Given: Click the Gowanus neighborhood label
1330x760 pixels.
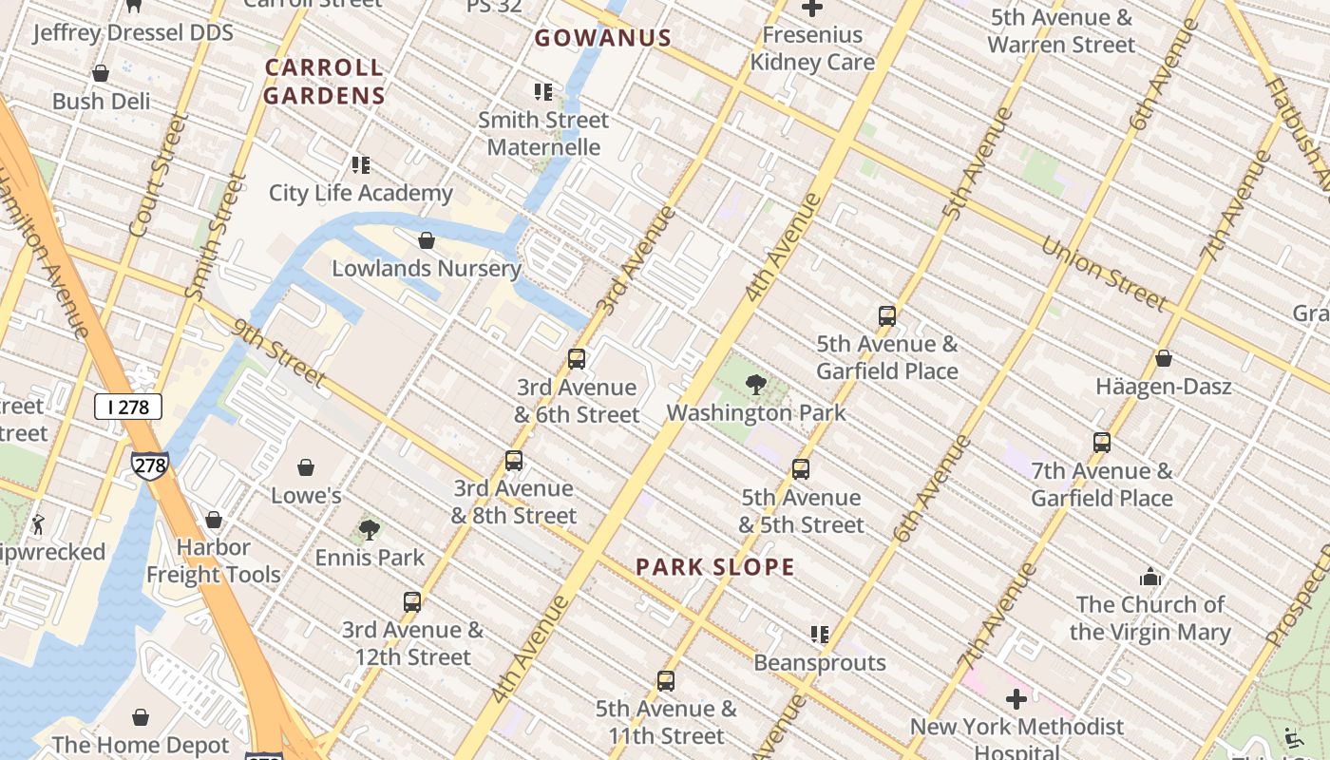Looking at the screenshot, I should pyautogui.click(x=602, y=38).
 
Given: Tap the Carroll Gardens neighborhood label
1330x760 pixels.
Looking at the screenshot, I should pyautogui.click(x=324, y=81).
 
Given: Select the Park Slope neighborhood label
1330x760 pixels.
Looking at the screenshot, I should pyautogui.click(x=714, y=567).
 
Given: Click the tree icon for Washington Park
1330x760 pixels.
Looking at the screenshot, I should pyautogui.click(x=756, y=385).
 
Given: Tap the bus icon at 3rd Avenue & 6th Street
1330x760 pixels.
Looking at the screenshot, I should pyautogui.click(x=577, y=359).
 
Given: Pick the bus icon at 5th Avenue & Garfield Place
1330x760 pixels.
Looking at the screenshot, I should pyautogui.click(x=887, y=316).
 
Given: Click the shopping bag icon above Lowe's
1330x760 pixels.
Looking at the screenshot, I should pyautogui.click(x=306, y=467).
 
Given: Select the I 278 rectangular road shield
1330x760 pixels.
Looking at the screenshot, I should pyautogui.click(x=128, y=408).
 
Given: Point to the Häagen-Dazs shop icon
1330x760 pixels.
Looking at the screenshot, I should pyautogui.click(x=1163, y=359).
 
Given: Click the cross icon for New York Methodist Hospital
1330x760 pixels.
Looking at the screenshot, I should pyautogui.click(x=1016, y=700).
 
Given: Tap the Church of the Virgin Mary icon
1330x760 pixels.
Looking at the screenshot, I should pyautogui.click(x=1150, y=577).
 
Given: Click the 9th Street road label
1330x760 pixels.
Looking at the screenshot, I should pyautogui.click(x=278, y=352).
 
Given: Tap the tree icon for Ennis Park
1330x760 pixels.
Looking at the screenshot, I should pyautogui.click(x=370, y=529).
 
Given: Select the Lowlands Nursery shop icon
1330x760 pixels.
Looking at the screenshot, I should pyautogui.click(x=427, y=240).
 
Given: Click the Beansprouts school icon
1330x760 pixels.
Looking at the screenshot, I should pyautogui.click(x=820, y=634).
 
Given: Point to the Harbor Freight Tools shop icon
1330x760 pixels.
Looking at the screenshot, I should pyautogui.click(x=214, y=520).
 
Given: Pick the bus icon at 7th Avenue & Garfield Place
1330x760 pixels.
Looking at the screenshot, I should pyautogui.click(x=1102, y=443).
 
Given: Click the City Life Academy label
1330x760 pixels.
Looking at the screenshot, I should pyautogui.click(x=361, y=193).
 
